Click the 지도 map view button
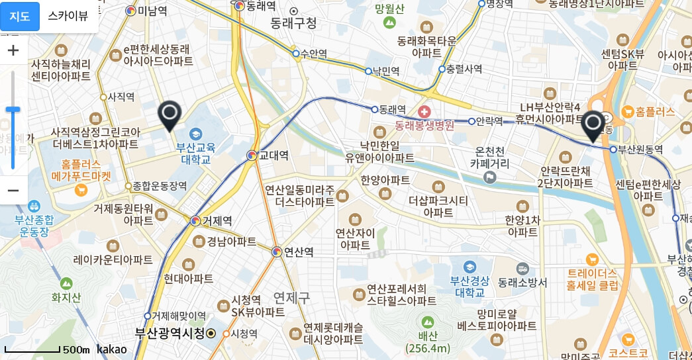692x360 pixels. click(20, 17)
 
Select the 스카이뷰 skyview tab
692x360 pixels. click(68, 17)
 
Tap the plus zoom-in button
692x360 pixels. click(13, 50)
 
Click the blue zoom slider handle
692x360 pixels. click(13, 109)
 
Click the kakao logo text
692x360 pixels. click(111, 349)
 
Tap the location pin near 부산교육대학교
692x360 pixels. click(170, 116)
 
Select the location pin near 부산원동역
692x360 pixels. click(593, 126)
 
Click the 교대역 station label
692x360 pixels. click(273, 156)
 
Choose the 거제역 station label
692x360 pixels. click(217, 221)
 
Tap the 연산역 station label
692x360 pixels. click(298, 252)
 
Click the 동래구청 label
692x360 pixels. click(293, 24)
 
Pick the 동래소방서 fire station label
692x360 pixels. click(523, 283)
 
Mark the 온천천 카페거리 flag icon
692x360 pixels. click(489, 177)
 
